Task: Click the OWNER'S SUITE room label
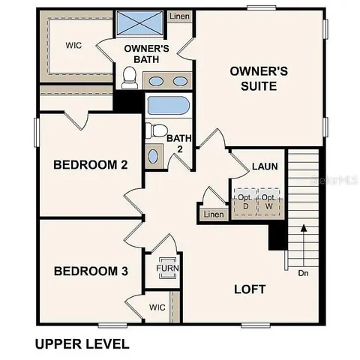[259, 79]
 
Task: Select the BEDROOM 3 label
[85, 271]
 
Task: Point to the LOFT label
[250, 289]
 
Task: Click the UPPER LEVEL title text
[82, 344]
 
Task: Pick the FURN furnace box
[166, 268]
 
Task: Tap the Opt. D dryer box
[244, 202]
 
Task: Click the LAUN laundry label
[265, 166]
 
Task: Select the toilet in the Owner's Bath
[130, 76]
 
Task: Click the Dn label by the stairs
[303, 273]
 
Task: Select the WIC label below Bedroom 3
[157, 307]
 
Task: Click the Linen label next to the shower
[179, 16]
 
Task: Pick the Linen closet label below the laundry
[213, 215]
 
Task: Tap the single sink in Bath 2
[153, 156]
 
